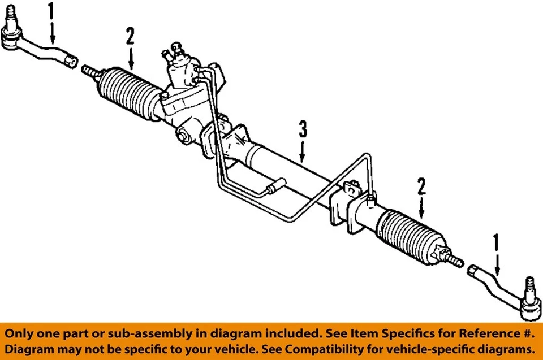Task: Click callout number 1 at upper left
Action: pos(51,11)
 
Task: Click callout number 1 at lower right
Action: pos(497,242)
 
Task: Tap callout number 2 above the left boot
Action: pos(131,37)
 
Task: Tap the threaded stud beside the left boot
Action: pos(90,71)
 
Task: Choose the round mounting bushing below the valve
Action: pos(182,136)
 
